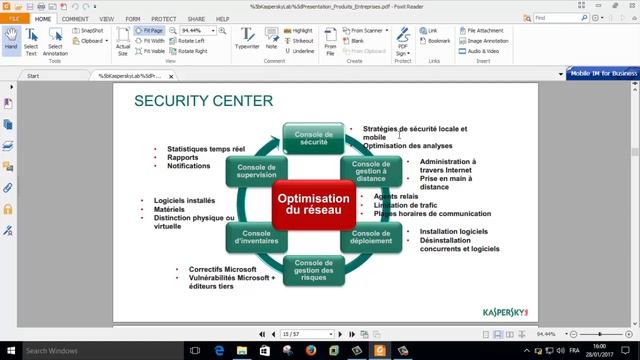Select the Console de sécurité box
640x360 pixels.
coord(314,138)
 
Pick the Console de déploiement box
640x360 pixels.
coord(371,236)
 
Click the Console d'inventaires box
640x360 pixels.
coord(256,236)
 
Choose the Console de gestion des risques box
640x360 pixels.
coord(314,270)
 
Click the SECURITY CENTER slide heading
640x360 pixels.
coord(203,101)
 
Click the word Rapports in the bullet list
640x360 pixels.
coord(183,157)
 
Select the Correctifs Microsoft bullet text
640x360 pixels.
coord(223,270)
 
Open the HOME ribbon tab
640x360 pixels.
coord(43,19)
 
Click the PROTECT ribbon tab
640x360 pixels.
coord(163,19)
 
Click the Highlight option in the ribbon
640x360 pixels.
coord(300,31)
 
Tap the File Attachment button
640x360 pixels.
coord(484,31)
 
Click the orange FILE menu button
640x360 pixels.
coord(14,19)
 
